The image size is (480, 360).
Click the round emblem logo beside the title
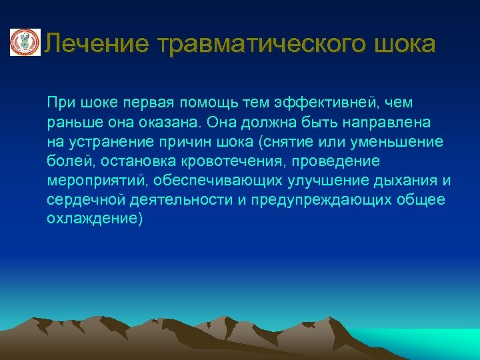24,43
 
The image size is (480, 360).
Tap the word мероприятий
98,181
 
